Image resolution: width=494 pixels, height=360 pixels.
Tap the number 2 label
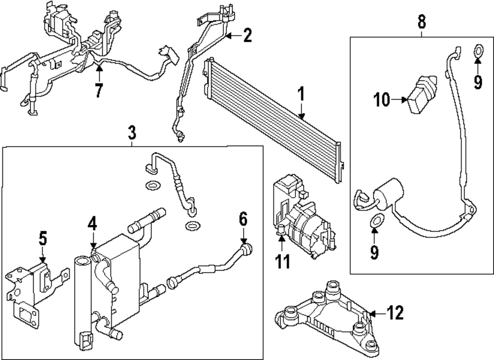click(247, 35)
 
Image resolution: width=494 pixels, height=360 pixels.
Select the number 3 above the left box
click(131, 132)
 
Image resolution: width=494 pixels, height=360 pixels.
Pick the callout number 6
click(243, 218)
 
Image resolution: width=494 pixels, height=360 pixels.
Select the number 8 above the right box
click(421, 22)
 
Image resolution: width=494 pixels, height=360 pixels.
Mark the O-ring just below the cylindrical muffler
click(375, 220)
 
